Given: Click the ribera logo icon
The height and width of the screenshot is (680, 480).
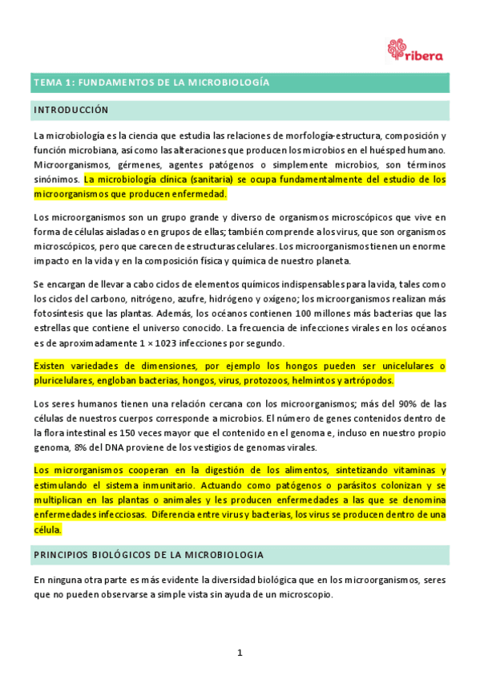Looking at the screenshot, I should coord(396,49).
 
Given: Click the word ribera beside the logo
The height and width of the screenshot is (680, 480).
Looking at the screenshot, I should coord(425,55).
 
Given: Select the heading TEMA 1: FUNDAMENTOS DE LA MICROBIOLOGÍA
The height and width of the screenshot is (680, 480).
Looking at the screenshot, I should coord(151,83).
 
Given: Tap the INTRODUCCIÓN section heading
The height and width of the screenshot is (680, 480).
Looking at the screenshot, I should coord(71,109).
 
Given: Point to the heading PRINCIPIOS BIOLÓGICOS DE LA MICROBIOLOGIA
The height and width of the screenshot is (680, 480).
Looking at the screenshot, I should coord(147,555).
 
